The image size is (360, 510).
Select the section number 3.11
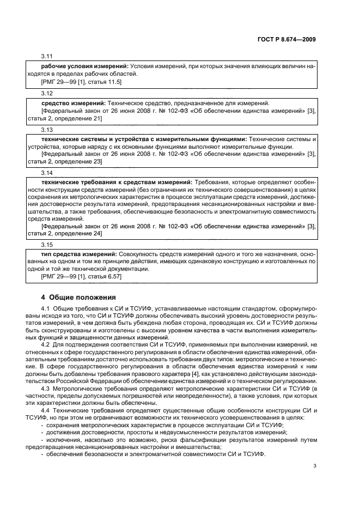47,57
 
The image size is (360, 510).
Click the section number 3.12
47,94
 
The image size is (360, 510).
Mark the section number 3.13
47,131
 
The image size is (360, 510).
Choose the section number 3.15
47,246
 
